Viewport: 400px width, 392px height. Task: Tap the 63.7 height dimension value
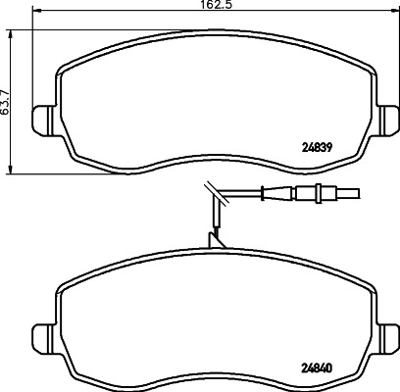tap(5, 102)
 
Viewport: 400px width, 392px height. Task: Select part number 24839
tap(316, 148)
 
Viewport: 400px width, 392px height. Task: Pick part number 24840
tap(316, 367)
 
